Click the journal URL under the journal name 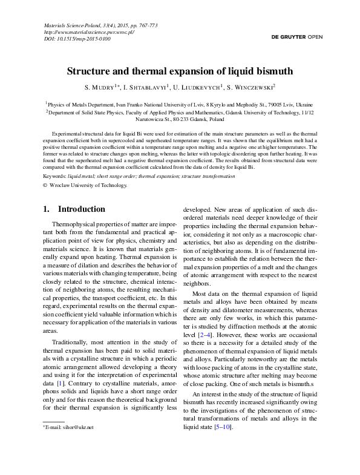tap(89, 32)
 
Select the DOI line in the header tap(77, 39)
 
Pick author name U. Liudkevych tap(197, 87)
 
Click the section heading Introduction tap(81, 209)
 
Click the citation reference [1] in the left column tap(59, 383)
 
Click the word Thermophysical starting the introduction tap(74, 224)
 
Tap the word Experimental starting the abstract tap(67, 132)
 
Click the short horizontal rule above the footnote tap(53, 421)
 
